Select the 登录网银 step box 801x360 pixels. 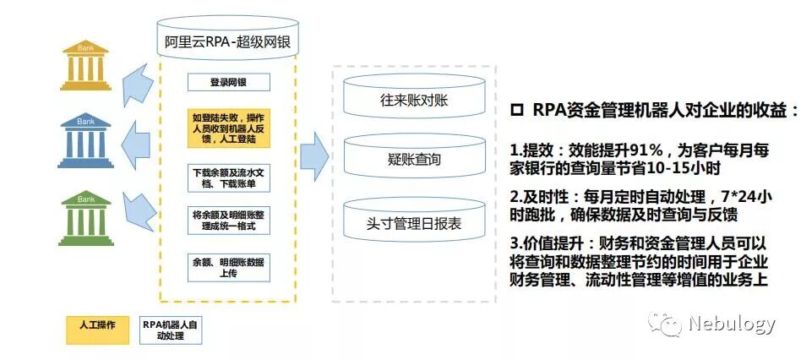228,82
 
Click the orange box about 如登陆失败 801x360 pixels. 228,128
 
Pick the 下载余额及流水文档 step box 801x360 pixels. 228,178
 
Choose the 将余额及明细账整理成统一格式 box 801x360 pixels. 228,221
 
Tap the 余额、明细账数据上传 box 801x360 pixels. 228,266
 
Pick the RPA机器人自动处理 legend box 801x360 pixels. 172,330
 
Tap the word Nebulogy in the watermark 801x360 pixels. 732,324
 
